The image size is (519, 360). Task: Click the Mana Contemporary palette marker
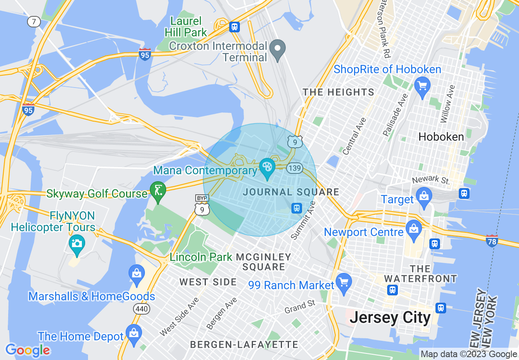(x=267, y=167)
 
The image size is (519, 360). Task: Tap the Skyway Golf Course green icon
(x=158, y=191)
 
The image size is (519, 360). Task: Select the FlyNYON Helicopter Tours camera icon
(x=77, y=243)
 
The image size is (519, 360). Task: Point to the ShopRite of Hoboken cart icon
(x=422, y=86)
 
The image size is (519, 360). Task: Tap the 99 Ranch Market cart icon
(x=344, y=282)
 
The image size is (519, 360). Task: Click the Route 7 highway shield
(x=34, y=21)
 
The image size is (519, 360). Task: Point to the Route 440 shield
(x=142, y=309)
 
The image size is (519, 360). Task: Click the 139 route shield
(x=294, y=168)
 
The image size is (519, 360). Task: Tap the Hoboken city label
(x=441, y=137)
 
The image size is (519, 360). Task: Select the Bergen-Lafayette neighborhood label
(x=244, y=344)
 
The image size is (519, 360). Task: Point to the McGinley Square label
(x=264, y=262)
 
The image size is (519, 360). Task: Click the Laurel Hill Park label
(x=186, y=26)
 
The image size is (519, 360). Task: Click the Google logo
(x=28, y=350)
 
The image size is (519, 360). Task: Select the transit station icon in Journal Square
(x=297, y=208)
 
